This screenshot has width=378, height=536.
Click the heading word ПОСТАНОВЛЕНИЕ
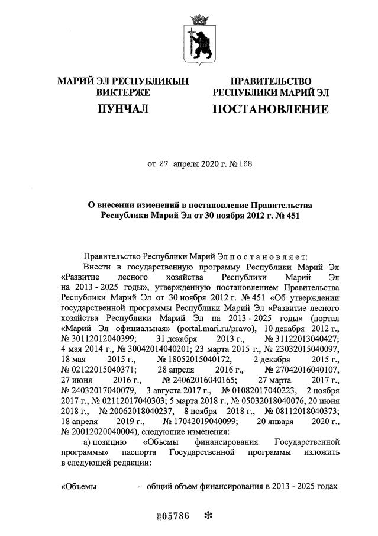[x=270, y=109]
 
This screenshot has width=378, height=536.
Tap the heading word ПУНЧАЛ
[x=122, y=109]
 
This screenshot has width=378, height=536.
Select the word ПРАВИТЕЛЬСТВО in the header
[x=270, y=81]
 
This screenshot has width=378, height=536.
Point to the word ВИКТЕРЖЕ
[x=122, y=92]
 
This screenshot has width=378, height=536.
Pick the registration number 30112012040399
[x=98, y=338]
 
